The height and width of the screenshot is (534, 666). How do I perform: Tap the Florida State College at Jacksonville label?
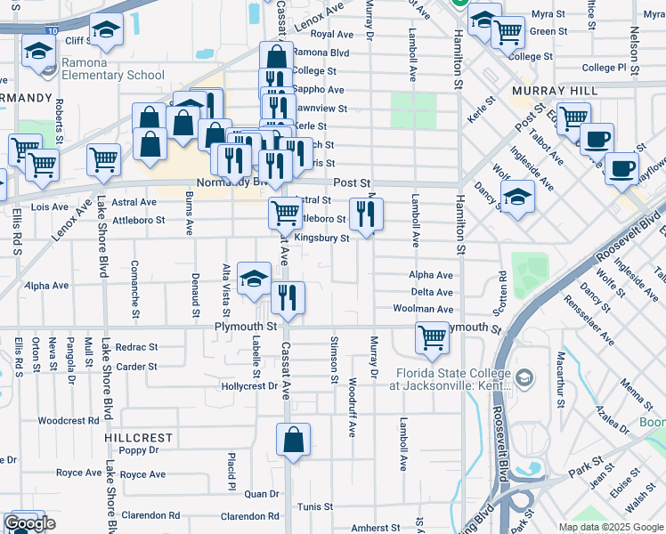443,378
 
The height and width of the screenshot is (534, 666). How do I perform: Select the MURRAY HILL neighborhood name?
547,91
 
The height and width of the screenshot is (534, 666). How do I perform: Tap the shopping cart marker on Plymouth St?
432,337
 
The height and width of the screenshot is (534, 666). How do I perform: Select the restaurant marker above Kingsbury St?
366,214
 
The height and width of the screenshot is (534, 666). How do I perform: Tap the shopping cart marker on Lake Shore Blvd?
104,160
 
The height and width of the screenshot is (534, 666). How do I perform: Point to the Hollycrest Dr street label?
250,386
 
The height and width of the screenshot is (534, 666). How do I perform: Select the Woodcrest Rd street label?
69,420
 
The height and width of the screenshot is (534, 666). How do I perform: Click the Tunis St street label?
315,506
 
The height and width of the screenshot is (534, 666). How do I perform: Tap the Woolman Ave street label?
432,309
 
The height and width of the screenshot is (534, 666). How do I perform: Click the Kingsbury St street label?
321,238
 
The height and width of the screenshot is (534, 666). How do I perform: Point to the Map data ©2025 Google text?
610,527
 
